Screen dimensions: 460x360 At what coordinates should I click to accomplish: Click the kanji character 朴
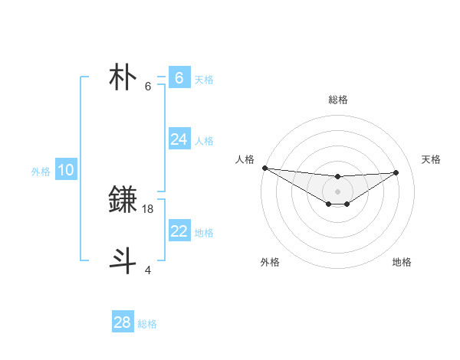(123, 78)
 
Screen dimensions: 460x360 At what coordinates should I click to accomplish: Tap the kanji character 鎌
(123, 200)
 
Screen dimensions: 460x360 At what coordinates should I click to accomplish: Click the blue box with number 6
(179, 78)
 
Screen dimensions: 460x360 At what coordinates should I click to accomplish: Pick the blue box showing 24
(179, 139)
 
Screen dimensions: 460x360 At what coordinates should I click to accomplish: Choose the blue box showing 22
(179, 231)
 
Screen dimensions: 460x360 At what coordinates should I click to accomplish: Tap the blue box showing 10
(65, 170)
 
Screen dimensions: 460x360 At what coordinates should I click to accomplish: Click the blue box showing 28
(123, 322)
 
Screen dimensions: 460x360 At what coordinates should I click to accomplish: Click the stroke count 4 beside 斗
(148, 270)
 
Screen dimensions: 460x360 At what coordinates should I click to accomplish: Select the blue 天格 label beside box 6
(204, 80)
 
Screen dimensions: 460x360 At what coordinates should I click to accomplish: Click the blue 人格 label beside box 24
(204, 141)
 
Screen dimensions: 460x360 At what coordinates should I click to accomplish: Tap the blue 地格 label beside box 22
(204, 233)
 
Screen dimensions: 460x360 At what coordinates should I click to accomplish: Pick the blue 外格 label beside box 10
(41, 172)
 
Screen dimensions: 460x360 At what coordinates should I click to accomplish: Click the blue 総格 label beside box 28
(147, 324)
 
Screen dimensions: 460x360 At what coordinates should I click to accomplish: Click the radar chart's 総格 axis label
(338, 100)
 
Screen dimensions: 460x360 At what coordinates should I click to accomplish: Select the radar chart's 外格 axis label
(270, 262)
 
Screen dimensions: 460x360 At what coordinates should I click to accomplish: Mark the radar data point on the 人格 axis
(264, 168)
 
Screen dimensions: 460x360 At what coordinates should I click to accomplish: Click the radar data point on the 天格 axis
(396, 172)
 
